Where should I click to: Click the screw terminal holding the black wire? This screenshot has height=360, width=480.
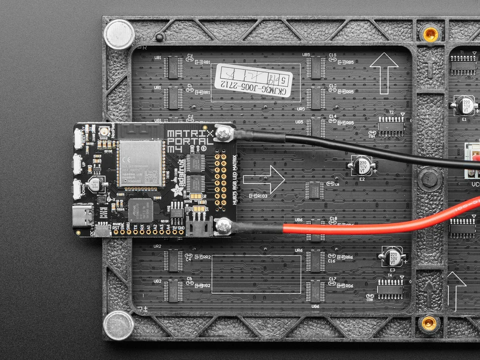[224, 133]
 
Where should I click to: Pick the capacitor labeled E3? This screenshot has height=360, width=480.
[393, 256]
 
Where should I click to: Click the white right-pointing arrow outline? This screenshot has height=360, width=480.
[263, 179]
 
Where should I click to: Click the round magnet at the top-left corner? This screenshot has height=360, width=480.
[119, 34]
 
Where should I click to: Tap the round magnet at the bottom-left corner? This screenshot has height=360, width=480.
[118, 325]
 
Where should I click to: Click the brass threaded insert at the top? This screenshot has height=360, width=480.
[430, 34]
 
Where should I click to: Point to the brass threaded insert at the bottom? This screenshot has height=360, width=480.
[429, 323]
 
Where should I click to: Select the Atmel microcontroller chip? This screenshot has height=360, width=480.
[140, 210]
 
